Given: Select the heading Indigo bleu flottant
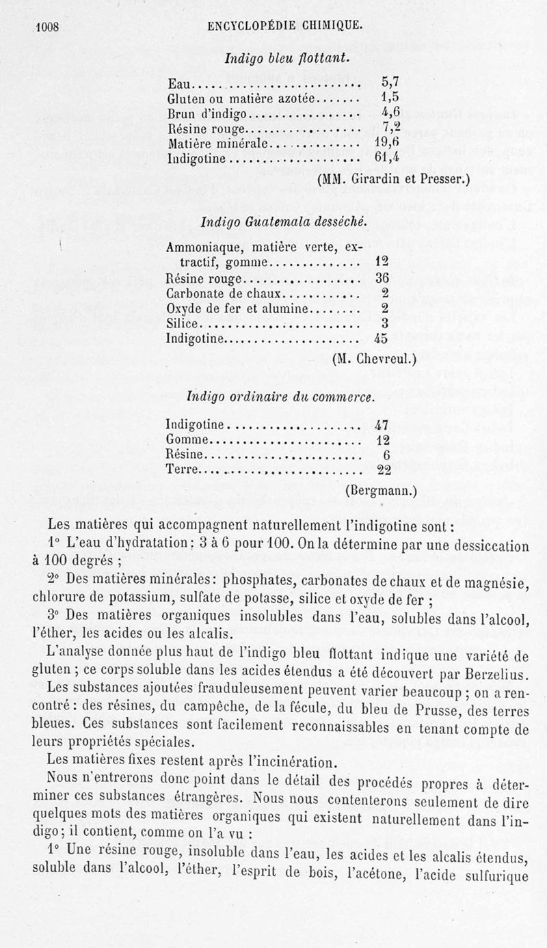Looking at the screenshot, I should tap(288, 59).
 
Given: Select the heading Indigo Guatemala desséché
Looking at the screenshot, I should tap(284, 222).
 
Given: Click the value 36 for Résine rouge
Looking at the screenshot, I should tap(382, 279).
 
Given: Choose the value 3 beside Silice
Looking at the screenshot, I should tap(385, 323).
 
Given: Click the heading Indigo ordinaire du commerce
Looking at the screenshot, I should tap(281, 397).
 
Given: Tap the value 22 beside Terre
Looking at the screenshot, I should tap(383, 470).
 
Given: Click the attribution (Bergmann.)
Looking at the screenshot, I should tap(381, 489).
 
